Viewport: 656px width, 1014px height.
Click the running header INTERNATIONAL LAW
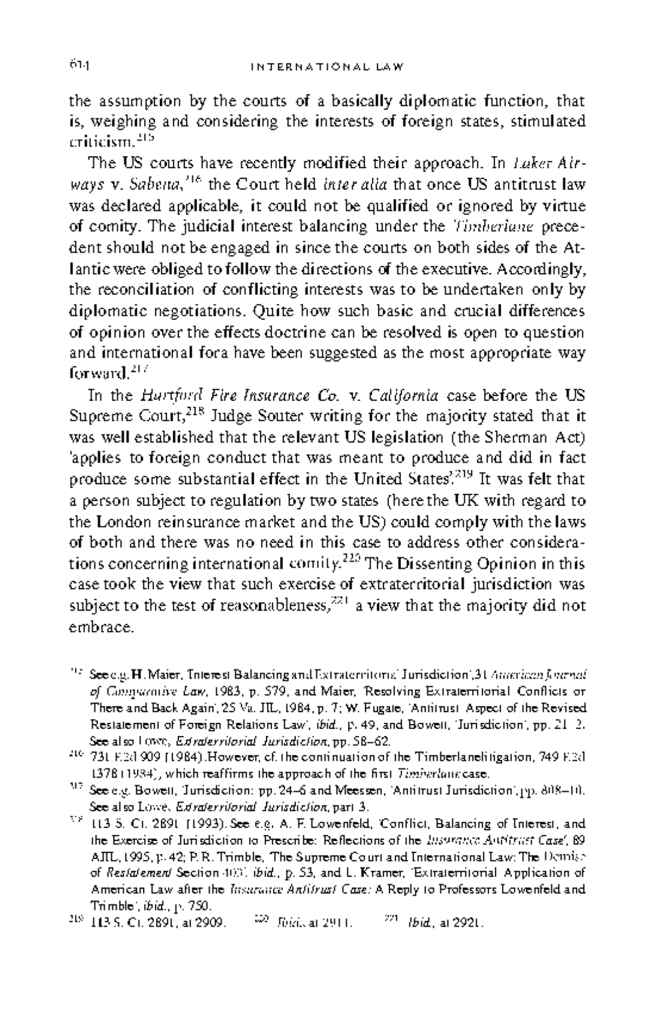point(327,67)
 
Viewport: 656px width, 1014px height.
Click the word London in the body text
point(120,521)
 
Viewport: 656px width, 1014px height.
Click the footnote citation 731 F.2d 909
point(125,758)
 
